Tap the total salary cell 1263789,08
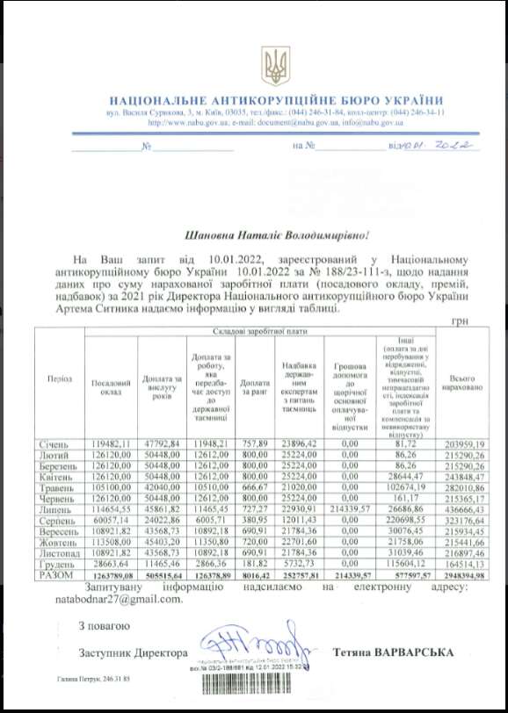click(110, 575)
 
